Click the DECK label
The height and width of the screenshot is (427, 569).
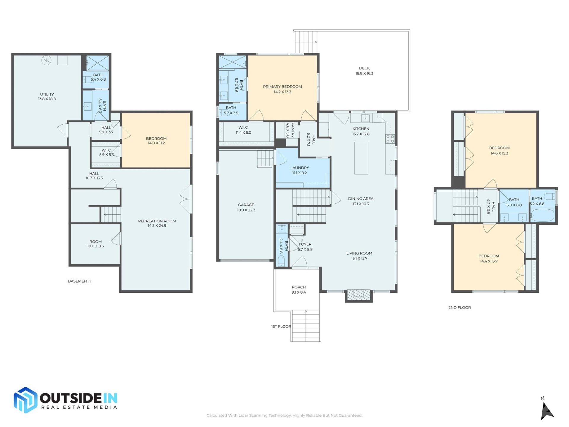tap(364, 68)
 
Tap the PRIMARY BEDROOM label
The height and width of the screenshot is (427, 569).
tap(282, 87)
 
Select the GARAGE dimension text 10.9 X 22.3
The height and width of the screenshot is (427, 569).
tap(246, 210)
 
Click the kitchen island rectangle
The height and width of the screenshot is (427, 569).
tap(361, 158)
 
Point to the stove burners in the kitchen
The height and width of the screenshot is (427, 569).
tap(390, 139)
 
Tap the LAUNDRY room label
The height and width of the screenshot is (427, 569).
tap(300, 168)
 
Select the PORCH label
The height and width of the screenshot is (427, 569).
tap(299, 287)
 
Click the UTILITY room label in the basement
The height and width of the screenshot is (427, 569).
tap(47, 94)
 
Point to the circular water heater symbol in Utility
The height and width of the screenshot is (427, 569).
tap(46, 60)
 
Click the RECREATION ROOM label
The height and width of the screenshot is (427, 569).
tap(157, 221)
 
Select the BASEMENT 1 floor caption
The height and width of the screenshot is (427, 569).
tap(80, 281)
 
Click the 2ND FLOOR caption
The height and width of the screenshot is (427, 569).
tap(459, 307)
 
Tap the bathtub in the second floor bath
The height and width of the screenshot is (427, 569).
tap(542, 215)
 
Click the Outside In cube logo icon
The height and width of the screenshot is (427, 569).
tap(25, 400)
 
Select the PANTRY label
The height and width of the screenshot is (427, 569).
tap(293, 130)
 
